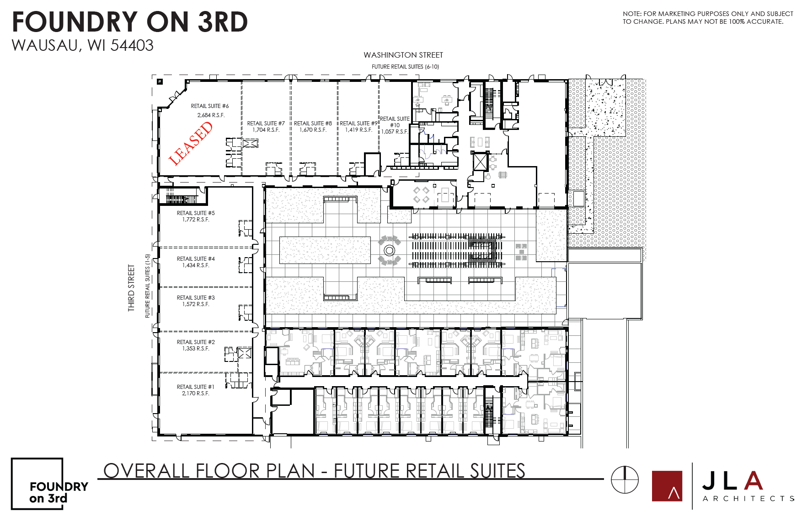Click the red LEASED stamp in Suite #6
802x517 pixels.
(x=191, y=143)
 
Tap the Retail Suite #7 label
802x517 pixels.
(x=266, y=124)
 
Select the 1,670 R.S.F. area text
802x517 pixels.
(x=313, y=130)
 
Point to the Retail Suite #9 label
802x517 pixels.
(x=358, y=124)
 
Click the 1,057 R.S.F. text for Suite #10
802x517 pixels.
(x=395, y=132)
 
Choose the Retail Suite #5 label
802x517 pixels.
(x=196, y=213)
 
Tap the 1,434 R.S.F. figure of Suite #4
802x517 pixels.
(x=196, y=265)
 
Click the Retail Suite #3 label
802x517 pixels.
(x=196, y=298)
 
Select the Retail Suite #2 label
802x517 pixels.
(x=196, y=342)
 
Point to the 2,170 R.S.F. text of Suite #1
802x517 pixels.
(x=196, y=393)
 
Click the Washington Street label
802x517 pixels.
(x=403, y=55)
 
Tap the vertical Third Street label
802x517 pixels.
(x=132, y=288)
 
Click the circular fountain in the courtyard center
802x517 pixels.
(x=389, y=250)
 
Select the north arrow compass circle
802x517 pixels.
(x=625, y=479)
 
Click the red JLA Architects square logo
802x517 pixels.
(x=667, y=486)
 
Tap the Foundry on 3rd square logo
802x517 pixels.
(x=37, y=483)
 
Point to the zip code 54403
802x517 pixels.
(x=132, y=46)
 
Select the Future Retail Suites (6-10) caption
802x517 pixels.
(x=405, y=67)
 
